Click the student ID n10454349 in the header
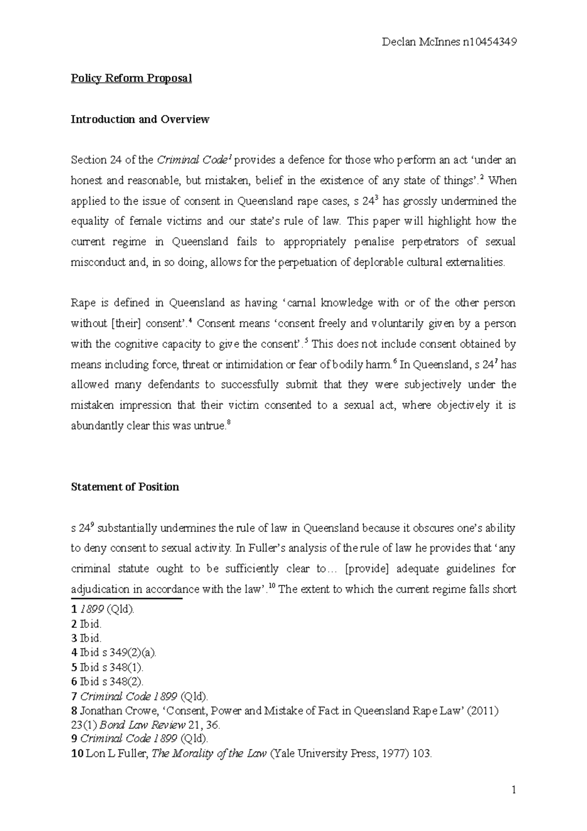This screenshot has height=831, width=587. [489, 42]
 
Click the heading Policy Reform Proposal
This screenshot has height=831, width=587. [131, 78]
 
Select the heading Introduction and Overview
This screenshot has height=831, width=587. [140, 119]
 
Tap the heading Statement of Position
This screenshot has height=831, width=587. [125, 487]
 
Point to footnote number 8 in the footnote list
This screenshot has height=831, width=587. [74, 711]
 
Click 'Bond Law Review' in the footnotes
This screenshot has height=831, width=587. [139, 725]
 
